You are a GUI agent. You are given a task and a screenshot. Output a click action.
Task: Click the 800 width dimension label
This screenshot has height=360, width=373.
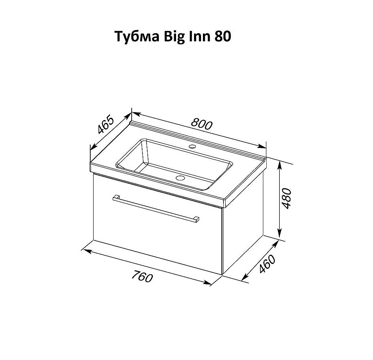(x=201, y=124)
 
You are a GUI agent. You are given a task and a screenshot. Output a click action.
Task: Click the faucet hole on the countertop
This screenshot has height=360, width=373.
(x=192, y=147)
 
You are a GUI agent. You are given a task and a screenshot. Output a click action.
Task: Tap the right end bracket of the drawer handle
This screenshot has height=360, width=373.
(x=196, y=220)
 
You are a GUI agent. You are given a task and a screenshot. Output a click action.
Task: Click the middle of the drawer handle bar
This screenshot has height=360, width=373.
(x=156, y=209)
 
